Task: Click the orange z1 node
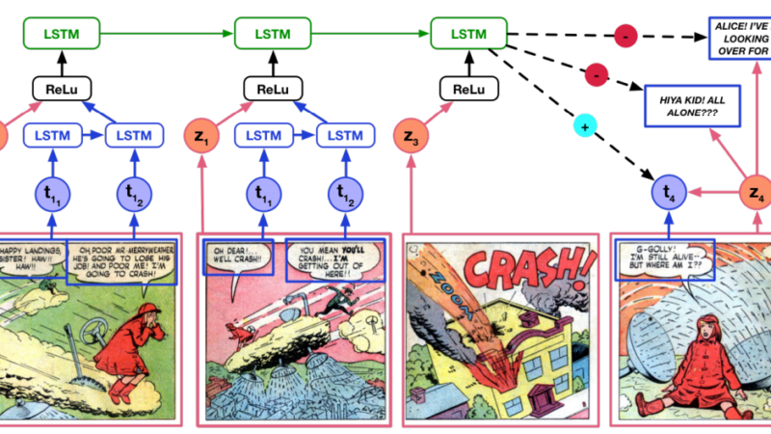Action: (202, 137)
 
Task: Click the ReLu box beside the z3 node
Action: (468, 89)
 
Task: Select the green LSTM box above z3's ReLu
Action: (468, 36)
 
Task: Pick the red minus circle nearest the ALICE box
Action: (625, 37)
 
